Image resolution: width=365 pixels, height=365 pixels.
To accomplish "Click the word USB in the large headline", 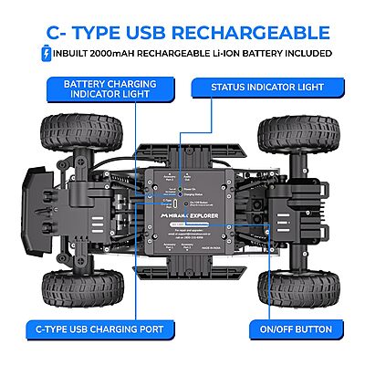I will [153, 33].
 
